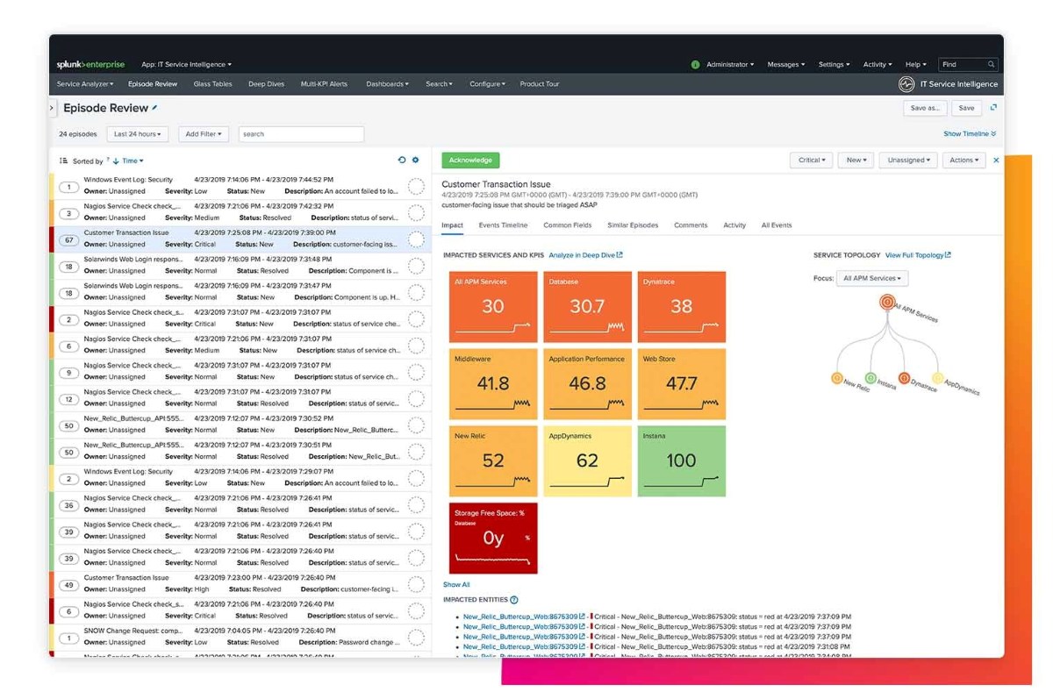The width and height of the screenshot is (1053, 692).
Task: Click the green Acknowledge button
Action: pos(470,161)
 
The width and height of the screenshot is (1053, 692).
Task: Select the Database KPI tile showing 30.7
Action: pos(587,306)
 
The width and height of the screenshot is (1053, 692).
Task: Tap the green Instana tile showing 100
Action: pos(681,460)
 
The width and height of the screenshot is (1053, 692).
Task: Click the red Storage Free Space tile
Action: pos(493,538)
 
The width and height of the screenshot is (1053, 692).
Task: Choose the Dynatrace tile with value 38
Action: pos(681,306)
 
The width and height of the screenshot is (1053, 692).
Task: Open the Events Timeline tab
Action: pos(503,225)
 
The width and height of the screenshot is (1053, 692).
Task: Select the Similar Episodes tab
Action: pos(632,225)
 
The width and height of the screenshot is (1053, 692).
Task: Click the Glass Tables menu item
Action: pos(212,84)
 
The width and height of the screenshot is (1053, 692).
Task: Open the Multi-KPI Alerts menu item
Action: pos(324,84)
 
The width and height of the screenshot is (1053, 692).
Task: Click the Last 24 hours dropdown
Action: pos(139,134)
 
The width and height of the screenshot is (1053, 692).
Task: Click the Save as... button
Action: pos(925,108)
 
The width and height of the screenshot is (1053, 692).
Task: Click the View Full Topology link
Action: pos(917,255)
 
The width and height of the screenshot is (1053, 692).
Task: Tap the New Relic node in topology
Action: pos(837,378)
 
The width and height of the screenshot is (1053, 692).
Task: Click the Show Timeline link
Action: pos(969,134)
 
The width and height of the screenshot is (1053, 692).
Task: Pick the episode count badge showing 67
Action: pos(68,239)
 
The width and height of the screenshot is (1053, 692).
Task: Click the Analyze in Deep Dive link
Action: pos(585,255)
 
